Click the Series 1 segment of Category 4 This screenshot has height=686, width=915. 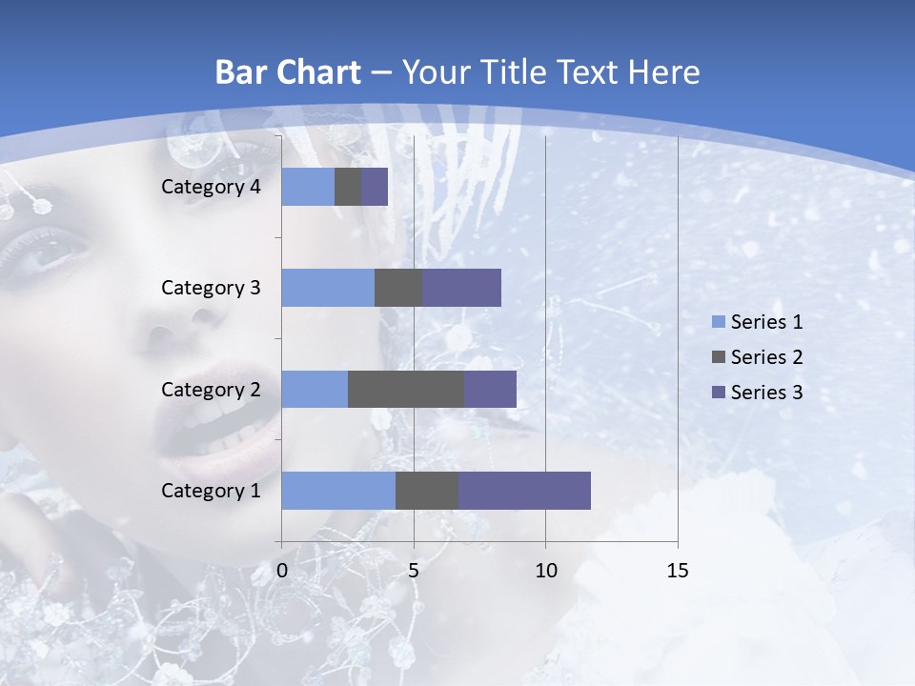pyautogui.click(x=308, y=187)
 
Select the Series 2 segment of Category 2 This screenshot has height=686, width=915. pyautogui.click(x=406, y=389)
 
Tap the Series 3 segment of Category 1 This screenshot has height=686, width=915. pyautogui.click(x=524, y=491)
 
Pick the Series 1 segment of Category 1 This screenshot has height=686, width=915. pyautogui.click(x=338, y=491)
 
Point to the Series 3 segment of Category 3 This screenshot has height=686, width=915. pyautogui.click(x=461, y=288)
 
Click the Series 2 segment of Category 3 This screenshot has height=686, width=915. pyautogui.click(x=398, y=288)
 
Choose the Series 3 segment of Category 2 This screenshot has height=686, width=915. pyautogui.click(x=490, y=389)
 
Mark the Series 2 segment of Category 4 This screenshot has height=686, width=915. pyautogui.click(x=348, y=187)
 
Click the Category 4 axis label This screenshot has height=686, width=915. pyautogui.click(x=211, y=187)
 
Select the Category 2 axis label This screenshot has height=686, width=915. pyautogui.click(x=211, y=389)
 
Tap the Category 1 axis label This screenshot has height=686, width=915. pyautogui.click(x=211, y=491)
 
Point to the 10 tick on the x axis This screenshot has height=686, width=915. pyautogui.click(x=545, y=571)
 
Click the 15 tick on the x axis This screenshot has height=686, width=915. pyautogui.click(x=677, y=571)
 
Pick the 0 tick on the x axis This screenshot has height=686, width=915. pyautogui.click(x=281, y=571)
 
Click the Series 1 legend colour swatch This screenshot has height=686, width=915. pyautogui.click(x=718, y=322)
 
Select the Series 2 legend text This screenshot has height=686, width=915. pyautogui.click(x=766, y=357)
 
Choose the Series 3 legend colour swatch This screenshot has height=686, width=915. pyautogui.click(x=718, y=393)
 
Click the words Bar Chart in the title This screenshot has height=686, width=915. pyautogui.click(x=288, y=71)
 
